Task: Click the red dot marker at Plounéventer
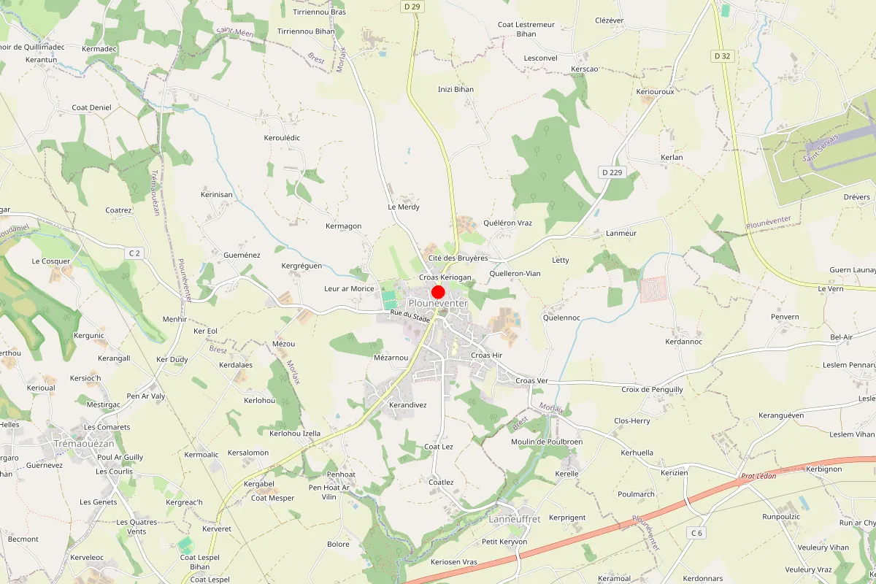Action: click(438, 291)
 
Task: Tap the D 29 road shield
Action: click(412, 7)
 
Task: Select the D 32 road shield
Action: click(722, 55)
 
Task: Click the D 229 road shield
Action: click(612, 172)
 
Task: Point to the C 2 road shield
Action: click(133, 253)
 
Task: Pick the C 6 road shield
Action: click(697, 533)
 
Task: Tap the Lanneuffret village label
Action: click(514, 519)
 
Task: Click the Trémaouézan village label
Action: click(84, 443)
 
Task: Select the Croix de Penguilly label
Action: click(652, 390)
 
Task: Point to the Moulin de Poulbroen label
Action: click(546, 442)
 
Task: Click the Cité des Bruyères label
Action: click(458, 258)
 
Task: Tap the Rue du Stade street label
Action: click(410, 316)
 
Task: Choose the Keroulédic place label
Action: click(282, 138)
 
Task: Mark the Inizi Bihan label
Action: click(456, 90)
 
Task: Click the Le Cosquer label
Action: click(51, 261)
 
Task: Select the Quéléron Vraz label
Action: click(508, 223)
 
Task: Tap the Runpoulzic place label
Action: click(781, 517)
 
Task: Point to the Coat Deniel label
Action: click(91, 108)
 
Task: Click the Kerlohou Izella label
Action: click(295, 434)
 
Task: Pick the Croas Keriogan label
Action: click(445, 278)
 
